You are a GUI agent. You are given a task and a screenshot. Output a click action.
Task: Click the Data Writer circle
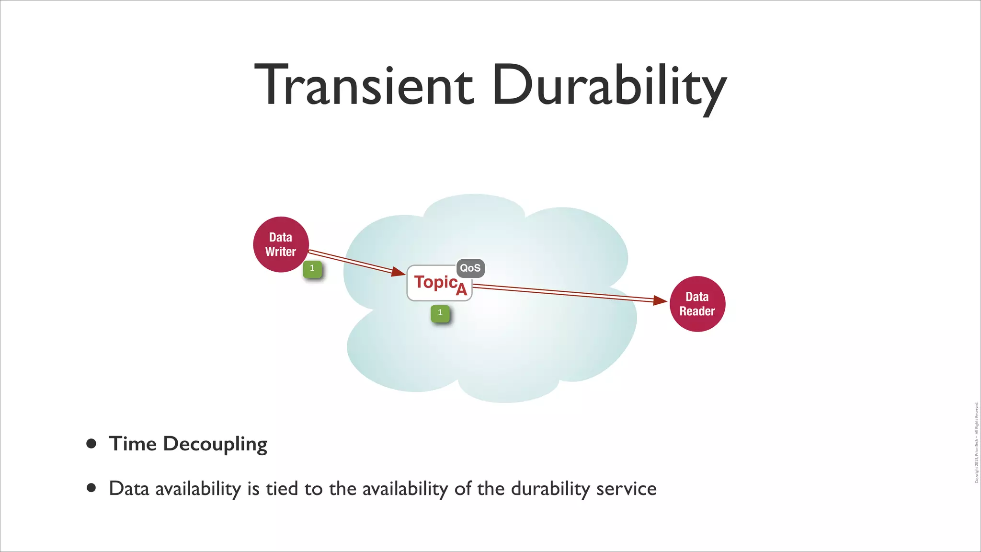click(281, 244)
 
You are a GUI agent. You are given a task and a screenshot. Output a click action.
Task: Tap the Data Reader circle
click(697, 304)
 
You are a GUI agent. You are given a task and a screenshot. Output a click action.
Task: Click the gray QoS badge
click(470, 268)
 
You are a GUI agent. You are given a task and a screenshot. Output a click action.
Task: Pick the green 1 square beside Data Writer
click(312, 269)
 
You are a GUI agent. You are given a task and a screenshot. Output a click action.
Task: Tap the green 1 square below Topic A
click(440, 313)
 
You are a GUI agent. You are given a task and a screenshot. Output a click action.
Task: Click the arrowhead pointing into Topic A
click(399, 272)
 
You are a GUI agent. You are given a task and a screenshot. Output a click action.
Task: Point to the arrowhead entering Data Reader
click(661, 300)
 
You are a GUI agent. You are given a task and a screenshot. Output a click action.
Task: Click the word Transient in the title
click(364, 86)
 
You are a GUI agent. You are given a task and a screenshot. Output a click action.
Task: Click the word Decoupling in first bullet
click(215, 444)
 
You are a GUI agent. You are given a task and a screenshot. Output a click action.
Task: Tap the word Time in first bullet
click(133, 443)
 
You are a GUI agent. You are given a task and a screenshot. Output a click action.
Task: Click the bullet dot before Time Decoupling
click(91, 443)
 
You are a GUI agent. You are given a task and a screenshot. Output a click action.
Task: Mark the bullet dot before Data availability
click(91, 488)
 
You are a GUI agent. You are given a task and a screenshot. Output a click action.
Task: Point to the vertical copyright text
click(976, 442)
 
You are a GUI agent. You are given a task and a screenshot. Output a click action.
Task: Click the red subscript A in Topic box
click(461, 289)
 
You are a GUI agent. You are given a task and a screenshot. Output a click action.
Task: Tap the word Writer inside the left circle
click(281, 252)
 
